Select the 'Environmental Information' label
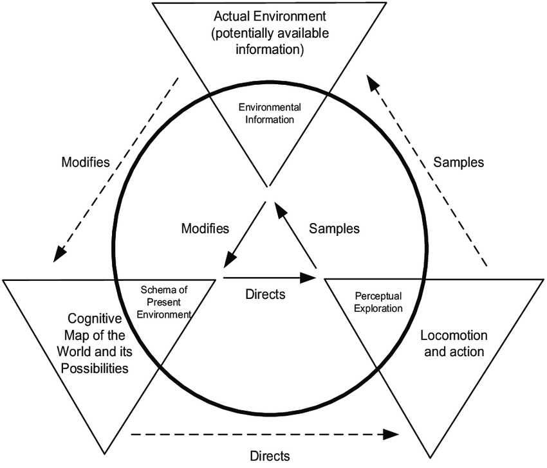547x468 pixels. coord(270,113)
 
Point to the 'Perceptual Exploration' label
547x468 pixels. coord(378,302)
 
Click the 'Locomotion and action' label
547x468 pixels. coord(453,343)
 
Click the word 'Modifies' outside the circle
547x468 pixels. coord(86,161)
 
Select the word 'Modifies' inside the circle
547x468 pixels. coord(205,228)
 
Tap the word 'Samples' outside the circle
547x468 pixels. coord(458,162)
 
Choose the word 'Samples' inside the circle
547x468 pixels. coord(334,228)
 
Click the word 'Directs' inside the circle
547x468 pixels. coord(265,295)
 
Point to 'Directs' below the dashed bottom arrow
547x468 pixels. coord(270,455)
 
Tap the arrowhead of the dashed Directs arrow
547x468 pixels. coord(392,434)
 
